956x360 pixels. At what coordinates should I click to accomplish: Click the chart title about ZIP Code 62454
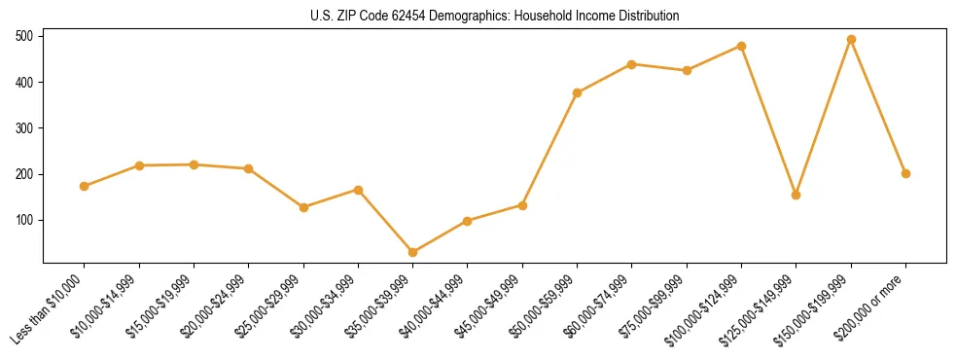(x=495, y=17)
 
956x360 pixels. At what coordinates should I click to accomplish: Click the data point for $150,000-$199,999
(x=851, y=40)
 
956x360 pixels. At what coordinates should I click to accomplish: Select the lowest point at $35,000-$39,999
(x=413, y=252)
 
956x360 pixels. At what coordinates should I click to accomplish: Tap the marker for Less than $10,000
(x=85, y=186)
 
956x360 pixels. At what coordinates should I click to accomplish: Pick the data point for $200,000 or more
(x=905, y=173)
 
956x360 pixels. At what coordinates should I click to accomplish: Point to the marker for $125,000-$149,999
(x=797, y=195)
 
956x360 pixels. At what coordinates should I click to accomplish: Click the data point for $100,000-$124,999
(x=741, y=46)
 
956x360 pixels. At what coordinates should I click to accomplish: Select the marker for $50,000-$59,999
(x=578, y=92)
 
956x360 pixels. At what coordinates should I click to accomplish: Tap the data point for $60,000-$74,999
(x=632, y=64)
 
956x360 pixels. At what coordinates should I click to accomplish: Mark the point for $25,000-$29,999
(x=303, y=207)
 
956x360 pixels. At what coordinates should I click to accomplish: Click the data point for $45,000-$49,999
(x=522, y=205)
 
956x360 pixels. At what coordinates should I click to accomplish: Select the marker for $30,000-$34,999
(x=358, y=190)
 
